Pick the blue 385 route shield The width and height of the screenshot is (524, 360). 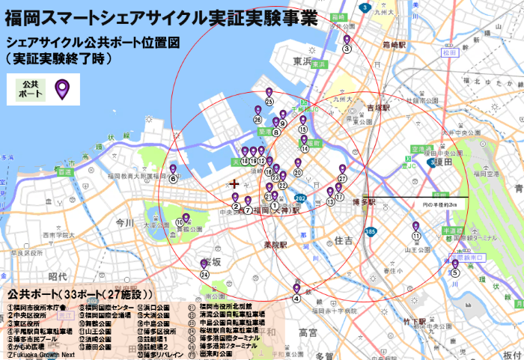point(370,233)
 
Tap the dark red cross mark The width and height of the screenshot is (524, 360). point(235,183)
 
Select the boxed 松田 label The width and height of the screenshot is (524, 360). point(448,53)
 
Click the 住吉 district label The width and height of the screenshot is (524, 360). point(344,241)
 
